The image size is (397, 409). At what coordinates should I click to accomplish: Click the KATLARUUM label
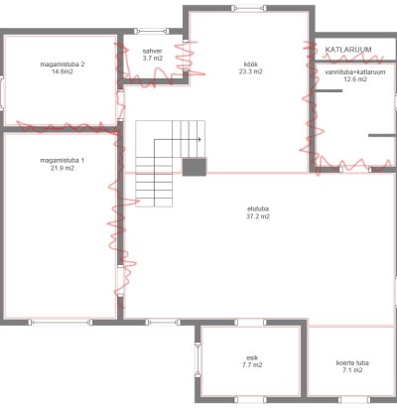(348, 50)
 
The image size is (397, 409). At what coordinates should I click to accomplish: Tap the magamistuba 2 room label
(63, 65)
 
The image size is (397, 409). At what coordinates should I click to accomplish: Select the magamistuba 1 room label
(63, 161)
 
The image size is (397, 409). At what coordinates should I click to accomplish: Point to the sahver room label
(153, 51)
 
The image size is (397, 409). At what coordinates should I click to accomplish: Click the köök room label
(250, 65)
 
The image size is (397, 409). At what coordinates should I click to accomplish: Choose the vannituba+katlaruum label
(355, 71)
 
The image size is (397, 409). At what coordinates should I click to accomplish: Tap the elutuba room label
(258, 208)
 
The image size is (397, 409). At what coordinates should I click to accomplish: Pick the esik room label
(252, 357)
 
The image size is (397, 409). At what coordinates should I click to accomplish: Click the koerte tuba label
(352, 362)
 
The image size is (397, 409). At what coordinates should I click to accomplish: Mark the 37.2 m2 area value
(258, 216)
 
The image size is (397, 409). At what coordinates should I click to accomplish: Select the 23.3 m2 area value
(250, 71)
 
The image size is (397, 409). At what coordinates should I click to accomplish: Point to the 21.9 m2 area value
(63, 168)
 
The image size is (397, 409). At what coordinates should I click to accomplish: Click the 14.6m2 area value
(63, 71)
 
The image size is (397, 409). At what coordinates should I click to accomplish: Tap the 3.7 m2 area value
(153, 59)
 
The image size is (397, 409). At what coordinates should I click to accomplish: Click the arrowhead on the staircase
(199, 140)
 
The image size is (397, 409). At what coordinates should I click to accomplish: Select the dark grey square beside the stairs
(195, 167)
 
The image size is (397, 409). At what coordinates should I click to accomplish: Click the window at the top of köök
(248, 8)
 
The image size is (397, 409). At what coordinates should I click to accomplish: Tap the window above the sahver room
(151, 32)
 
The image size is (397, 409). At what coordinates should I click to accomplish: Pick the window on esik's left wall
(198, 360)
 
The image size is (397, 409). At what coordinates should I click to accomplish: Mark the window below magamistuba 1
(61, 322)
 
